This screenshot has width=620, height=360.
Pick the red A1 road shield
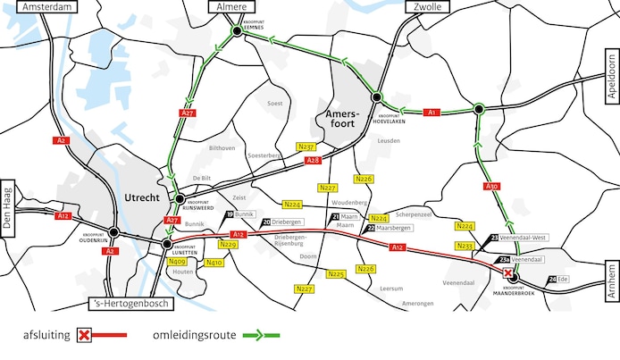point(431,113)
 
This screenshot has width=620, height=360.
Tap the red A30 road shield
point(491,188)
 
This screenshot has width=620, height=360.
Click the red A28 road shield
point(313,161)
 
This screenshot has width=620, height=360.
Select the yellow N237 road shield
point(307,146)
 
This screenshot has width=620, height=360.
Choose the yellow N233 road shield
point(465,246)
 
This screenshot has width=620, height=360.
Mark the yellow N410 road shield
point(214,263)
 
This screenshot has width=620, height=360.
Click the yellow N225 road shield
point(336,274)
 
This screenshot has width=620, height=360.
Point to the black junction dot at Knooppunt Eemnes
point(237,31)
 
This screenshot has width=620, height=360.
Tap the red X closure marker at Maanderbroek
point(507,272)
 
